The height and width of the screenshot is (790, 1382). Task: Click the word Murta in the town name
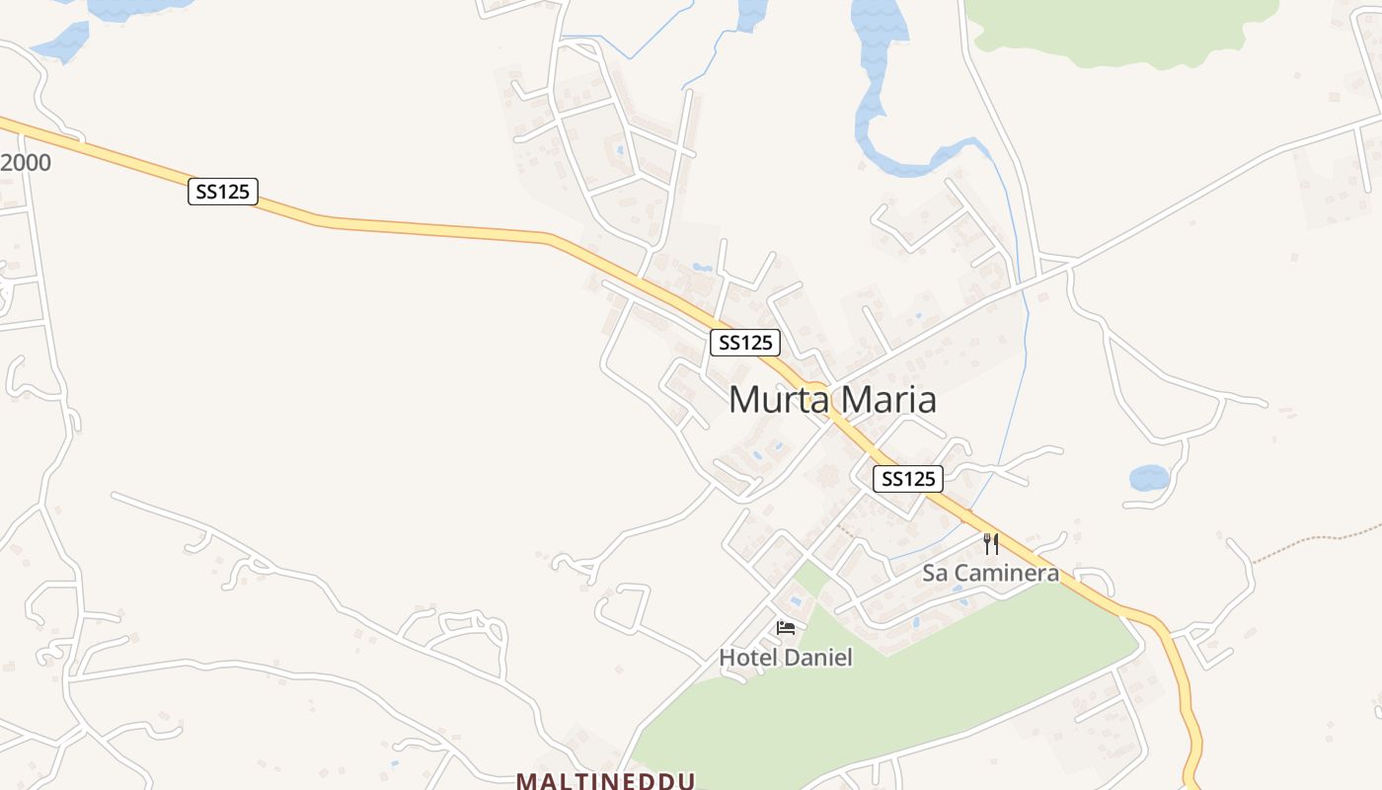pyautogui.click(x=772, y=400)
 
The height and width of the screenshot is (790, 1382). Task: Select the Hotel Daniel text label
pyautogui.click(x=785, y=658)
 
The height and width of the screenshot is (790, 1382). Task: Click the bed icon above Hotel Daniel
pyautogui.click(x=786, y=628)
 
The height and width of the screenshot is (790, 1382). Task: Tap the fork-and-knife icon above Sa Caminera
pyautogui.click(x=991, y=544)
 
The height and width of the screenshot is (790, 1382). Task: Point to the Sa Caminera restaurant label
pyautogui.click(x=990, y=573)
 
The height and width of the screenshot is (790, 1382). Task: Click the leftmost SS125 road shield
pyautogui.click(x=222, y=192)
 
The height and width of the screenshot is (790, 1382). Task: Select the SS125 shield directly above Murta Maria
pyautogui.click(x=745, y=343)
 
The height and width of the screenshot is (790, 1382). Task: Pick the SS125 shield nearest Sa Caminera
pyautogui.click(x=908, y=479)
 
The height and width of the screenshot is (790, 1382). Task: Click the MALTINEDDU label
pyautogui.click(x=605, y=780)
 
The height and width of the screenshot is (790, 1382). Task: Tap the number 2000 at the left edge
pyautogui.click(x=26, y=163)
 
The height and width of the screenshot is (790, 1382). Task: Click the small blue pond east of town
pyautogui.click(x=1149, y=479)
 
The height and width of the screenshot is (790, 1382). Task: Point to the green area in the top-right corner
pyautogui.click(x=1115, y=30)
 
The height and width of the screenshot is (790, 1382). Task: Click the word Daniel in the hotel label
pyautogui.click(x=816, y=658)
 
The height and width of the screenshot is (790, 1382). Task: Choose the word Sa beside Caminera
pyautogui.click(x=934, y=573)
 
